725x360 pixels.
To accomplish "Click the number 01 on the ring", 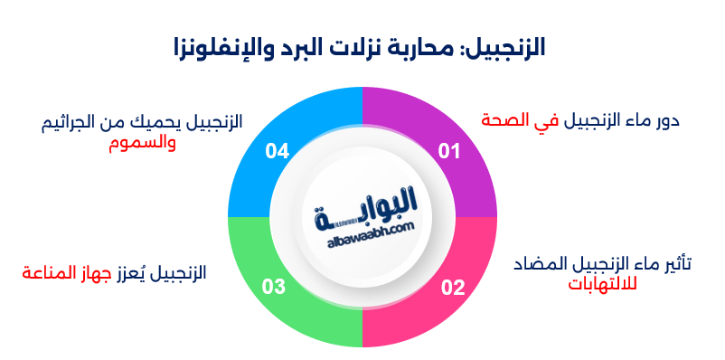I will click(x=448, y=151).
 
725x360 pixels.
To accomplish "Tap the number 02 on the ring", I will click(x=452, y=289).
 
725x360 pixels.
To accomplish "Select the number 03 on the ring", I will click(x=274, y=289).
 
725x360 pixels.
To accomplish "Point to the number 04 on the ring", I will click(x=277, y=151).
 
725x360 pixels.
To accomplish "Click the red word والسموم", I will click(x=136, y=142).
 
